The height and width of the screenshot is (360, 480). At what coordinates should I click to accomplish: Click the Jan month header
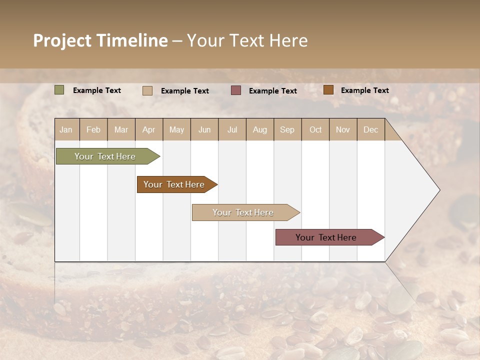click(x=66, y=129)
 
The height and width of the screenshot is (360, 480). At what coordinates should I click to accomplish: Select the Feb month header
click(x=93, y=129)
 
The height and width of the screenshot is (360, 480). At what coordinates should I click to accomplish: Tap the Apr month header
click(x=148, y=129)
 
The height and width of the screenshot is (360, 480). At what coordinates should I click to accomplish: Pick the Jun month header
click(x=204, y=129)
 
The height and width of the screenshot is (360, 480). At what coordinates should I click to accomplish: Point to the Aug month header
click(x=259, y=129)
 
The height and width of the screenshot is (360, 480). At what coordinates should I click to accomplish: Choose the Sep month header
click(x=287, y=129)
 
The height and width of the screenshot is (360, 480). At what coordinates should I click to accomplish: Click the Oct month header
click(x=315, y=129)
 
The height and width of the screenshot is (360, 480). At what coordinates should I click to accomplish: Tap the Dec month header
click(x=370, y=129)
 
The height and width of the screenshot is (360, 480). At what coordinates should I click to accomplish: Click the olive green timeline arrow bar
click(x=105, y=156)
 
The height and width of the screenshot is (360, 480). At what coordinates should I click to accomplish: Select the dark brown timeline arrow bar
click(x=174, y=184)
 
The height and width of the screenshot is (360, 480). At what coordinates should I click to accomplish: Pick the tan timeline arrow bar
click(x=243, y=212)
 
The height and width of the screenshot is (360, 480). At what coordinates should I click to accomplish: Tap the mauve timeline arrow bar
click(x=326, y=237)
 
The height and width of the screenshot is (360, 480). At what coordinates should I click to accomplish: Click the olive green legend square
click(x=59, y=90)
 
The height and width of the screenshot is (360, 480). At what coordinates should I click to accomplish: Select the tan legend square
click(x=147, y=90)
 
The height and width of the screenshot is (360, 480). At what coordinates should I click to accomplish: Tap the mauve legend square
click(x=236, y=90)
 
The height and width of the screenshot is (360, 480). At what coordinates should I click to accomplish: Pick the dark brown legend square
click(x=328, y=90)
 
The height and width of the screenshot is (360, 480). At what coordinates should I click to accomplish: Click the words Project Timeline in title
click(x=100, y=40)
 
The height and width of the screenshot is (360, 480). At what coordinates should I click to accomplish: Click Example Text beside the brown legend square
click(x=364, y=90)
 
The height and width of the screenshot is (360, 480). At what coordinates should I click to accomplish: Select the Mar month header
click(x=121, y=129)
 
